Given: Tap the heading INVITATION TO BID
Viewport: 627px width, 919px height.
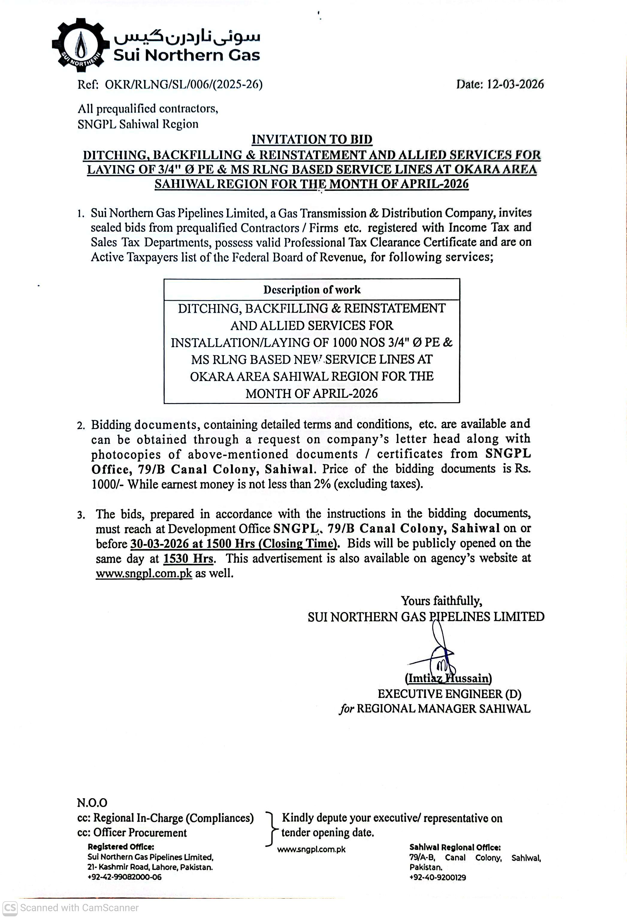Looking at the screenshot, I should pyautogui.click(x=312, y=139).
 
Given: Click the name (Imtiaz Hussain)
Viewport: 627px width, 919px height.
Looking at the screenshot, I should pyautogui.click(x=448, y=678).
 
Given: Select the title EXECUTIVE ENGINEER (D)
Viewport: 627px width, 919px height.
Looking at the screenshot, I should pyautogui.click(x=449, y=694).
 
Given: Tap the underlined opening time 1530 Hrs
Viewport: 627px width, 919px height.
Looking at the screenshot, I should pyautogui.click(x=188, y=558).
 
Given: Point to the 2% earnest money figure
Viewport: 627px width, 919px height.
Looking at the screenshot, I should pyautogui.click(x=322, y=484).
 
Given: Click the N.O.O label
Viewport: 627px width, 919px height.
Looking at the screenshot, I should pyautogui.click(x=92, y=803).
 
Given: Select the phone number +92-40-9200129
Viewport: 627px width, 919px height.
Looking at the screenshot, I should pyautogui.click(x=437, y=877).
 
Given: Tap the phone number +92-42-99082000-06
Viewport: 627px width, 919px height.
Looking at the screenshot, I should pyautogui.click(x=124, y=877).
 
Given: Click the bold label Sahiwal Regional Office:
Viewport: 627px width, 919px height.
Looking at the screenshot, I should pyautogui.click(x=455, y=847).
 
